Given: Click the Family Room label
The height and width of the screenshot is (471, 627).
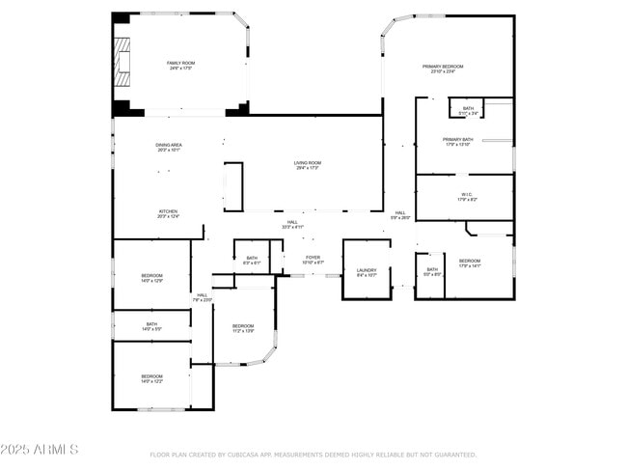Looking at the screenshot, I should [180, 63].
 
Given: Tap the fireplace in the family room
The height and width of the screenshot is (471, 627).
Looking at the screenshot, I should [122, 63].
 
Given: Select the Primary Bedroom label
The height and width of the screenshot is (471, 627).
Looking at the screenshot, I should [443, 67].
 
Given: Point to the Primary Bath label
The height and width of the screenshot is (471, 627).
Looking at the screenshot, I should [457, 140].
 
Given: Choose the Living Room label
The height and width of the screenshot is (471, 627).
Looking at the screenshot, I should [308, 163].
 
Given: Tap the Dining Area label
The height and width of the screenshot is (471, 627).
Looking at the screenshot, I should [169, 146].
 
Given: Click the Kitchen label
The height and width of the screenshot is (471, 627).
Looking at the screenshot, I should [169, 212].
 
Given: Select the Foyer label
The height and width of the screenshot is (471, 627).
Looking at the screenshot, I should [313, 258].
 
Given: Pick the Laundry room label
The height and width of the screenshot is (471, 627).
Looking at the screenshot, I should [367, 271].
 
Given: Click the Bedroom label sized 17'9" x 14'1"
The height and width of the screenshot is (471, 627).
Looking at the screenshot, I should [470, 262].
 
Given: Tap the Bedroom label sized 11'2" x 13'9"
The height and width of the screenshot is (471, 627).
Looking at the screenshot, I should [243, 327].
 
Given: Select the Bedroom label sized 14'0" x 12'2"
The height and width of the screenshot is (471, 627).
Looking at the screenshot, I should [152, 376].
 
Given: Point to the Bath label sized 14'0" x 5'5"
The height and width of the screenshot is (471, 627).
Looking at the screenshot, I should [152, 324].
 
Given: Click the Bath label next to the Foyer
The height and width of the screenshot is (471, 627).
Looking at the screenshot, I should [252, 258].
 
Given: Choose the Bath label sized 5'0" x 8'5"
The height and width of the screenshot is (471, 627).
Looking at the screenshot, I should [432, 270].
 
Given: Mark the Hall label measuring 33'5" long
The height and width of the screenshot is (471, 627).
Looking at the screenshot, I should [291, 223].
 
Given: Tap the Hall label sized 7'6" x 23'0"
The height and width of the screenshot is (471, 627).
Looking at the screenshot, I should [202, 296].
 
